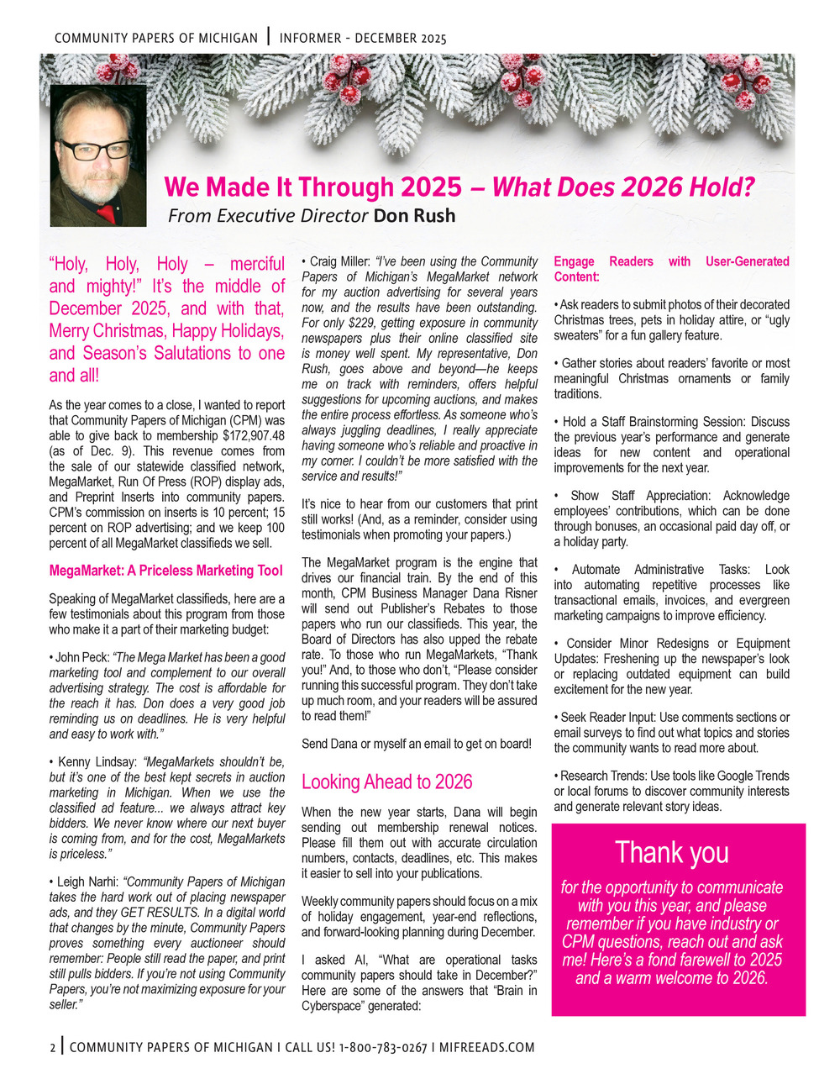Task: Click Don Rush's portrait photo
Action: tap(98, 155)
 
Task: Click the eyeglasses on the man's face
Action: tap(94, 150)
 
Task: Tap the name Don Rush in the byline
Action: tap(414, 216)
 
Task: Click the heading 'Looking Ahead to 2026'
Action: tap(387, 782)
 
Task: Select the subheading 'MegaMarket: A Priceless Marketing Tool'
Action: tap(166, 571)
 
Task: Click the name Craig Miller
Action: tap(339, 262)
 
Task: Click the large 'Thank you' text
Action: tap(672, 852)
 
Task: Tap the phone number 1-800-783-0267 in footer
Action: tap(382, 1048)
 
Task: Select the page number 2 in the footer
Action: tap(52, 1048)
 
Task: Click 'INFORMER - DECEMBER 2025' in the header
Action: tap(363, 39)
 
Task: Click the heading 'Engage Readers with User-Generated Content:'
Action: tap(671, 269)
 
